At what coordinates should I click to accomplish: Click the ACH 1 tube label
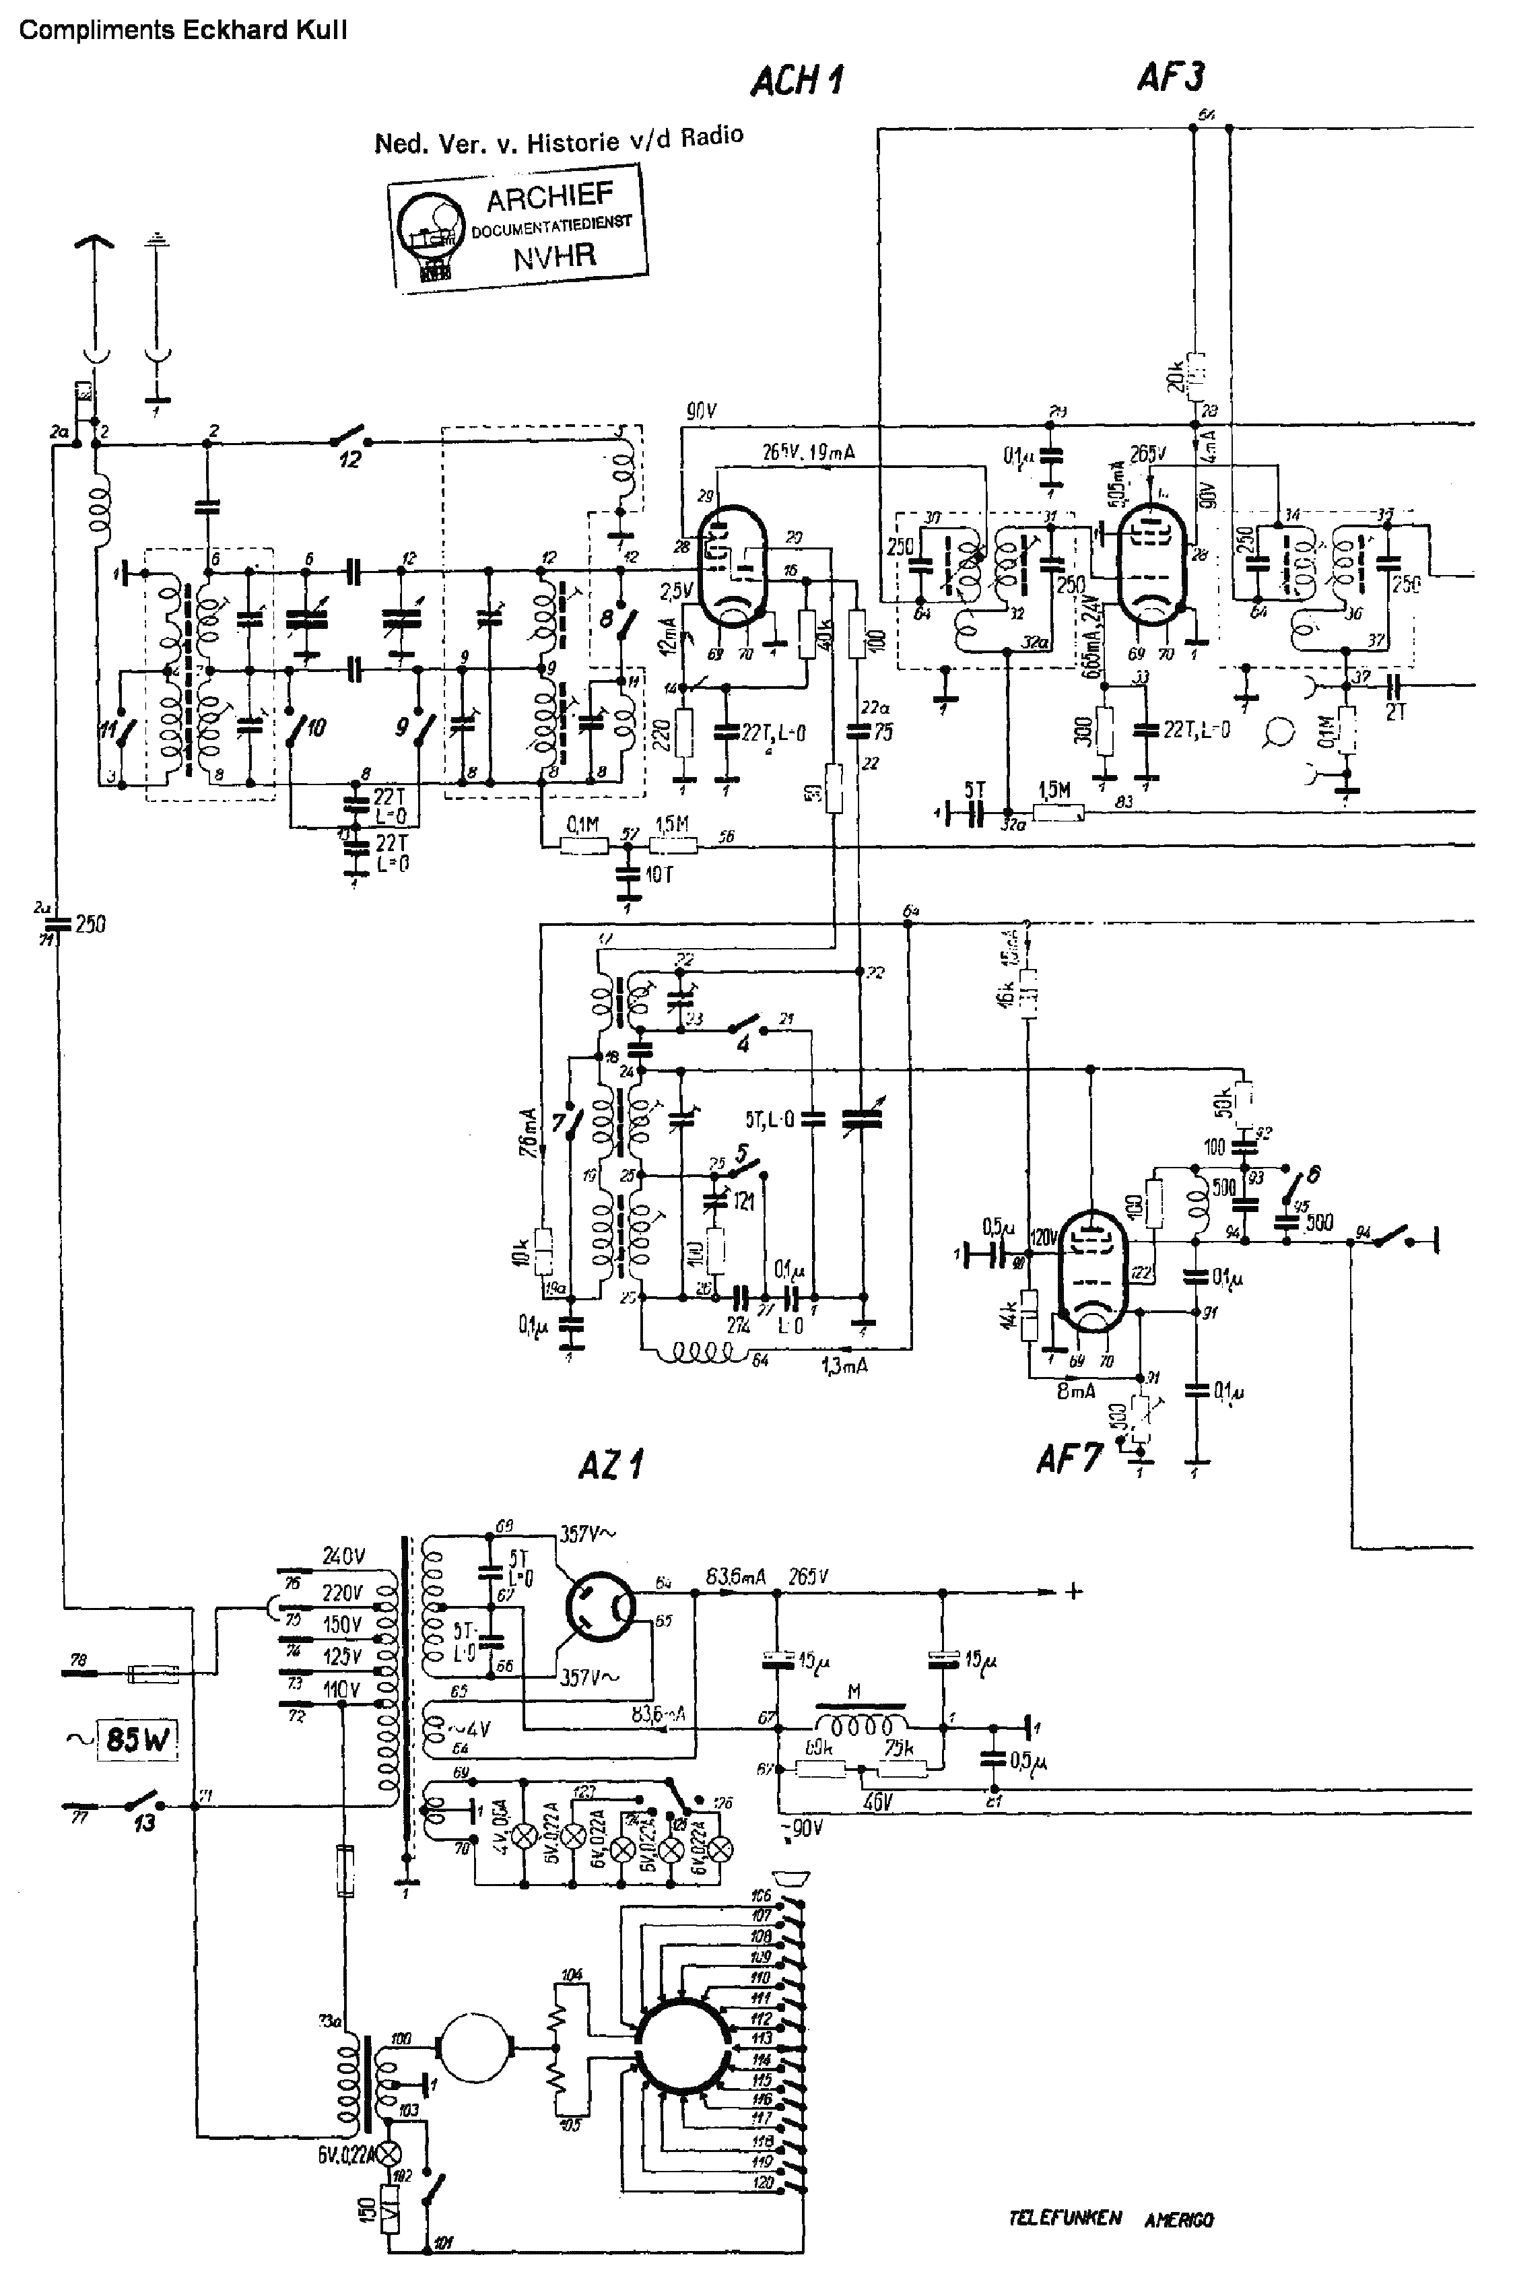tap(797, 80)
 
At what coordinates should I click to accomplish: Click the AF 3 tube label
tap(1170, 75)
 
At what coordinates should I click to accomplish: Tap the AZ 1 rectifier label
tap(611, 1466)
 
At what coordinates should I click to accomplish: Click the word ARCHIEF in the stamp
tap(549, 198)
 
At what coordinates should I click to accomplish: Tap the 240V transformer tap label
tap(344, 1556)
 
